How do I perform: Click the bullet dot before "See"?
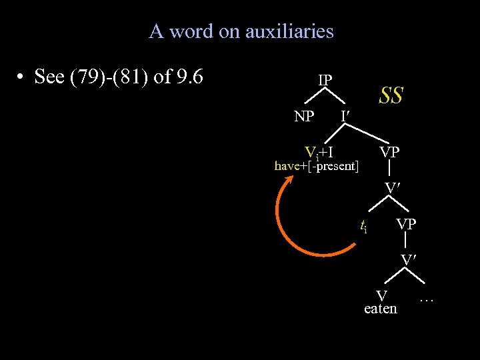[22, 77]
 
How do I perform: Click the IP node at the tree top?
[325, 80]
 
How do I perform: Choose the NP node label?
[304, 117]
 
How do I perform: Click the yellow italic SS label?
[391, 95]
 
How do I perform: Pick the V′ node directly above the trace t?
[392, 189]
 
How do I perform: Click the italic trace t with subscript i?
[363, 227]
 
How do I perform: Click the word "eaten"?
[381, 309]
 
